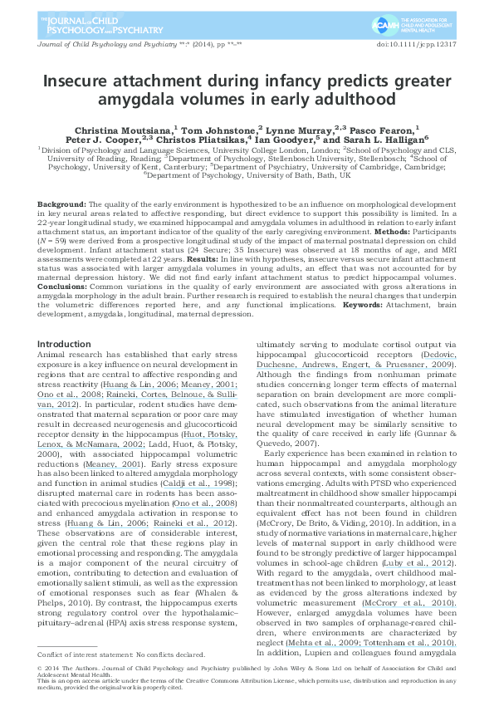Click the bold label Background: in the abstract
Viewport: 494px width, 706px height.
pos(61,203)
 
